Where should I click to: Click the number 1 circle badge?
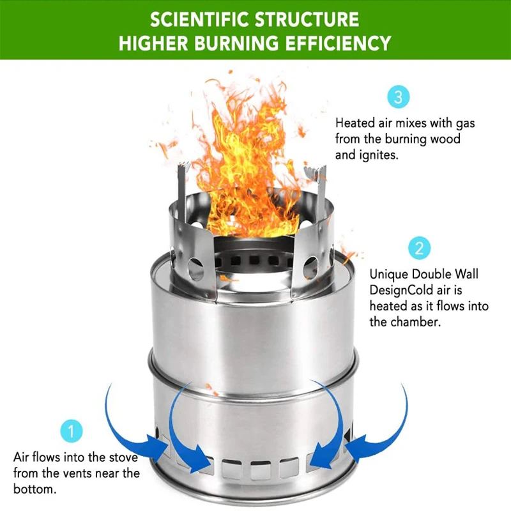click(72, 431)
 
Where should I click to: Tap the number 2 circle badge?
click(419, 248)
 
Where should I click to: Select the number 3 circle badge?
click(398, 97)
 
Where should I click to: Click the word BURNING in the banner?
click(236, 43)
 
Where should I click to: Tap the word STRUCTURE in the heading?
click(307, 19)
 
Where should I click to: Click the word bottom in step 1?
click(35, 489)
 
